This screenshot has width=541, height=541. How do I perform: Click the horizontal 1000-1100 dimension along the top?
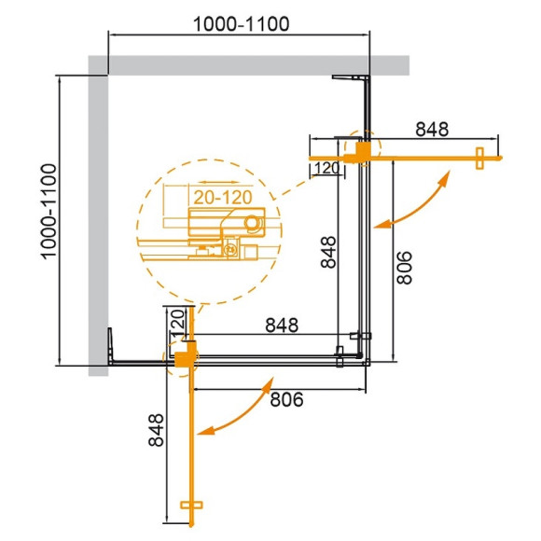(x=240, y=21)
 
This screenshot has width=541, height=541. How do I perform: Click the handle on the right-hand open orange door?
(x=479, y=159)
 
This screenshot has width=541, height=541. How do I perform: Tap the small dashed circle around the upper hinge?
(x=362, y=148)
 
